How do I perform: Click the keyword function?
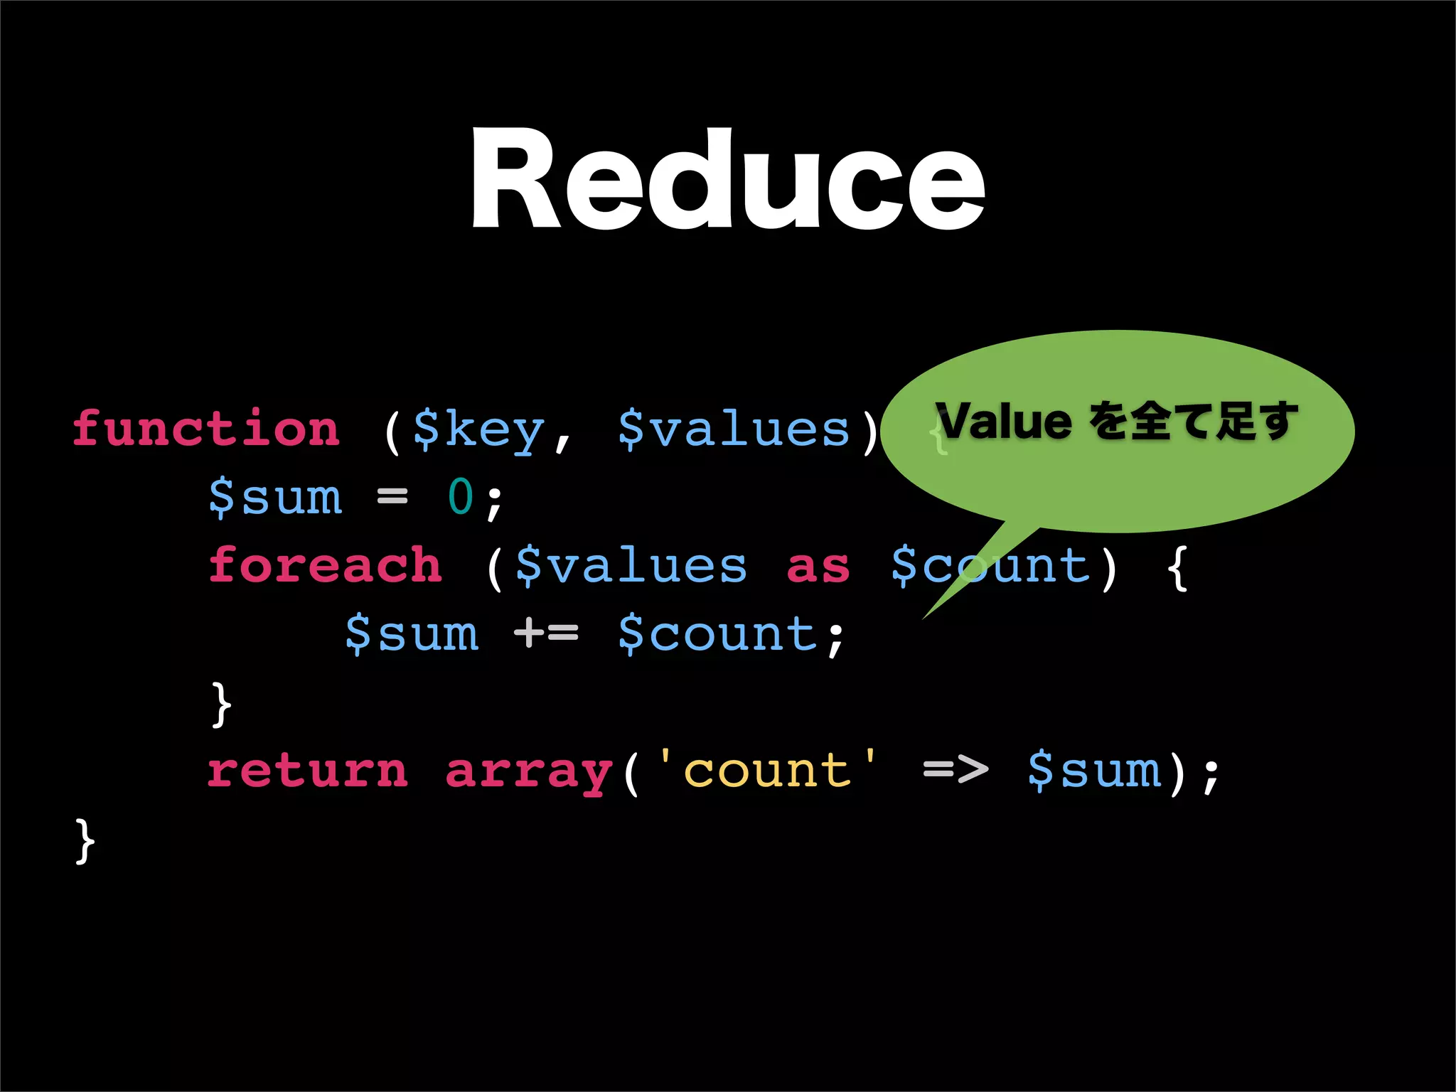point(206,429)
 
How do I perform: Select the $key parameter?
point(478,429)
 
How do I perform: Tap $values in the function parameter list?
point(734,429)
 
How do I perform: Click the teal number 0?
point(461,496)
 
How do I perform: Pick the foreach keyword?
point(325,565)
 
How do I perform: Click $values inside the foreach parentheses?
point(631,565)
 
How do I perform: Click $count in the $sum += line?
point(718,633)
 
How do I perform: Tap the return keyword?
point(308,771)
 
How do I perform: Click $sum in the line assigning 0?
point(276,496)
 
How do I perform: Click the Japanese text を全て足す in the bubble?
point(1194,421)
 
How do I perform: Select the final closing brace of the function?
point(85,840)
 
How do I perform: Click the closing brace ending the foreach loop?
point(221,704)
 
